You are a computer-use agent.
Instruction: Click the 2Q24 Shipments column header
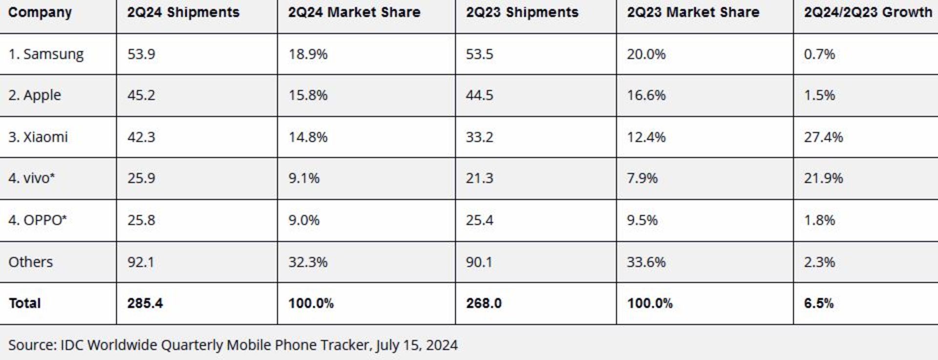coord(183,12)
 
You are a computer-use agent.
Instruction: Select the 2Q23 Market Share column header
coord(693,12)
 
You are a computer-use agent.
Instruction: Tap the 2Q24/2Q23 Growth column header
coord(868,12)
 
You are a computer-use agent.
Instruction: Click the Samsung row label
coord(46,54)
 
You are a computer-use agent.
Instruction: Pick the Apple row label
coord(35,95)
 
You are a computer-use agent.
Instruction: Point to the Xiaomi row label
coord(38,137)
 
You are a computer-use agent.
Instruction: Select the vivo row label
coord(32,178)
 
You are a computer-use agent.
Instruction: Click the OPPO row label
coord(38,220)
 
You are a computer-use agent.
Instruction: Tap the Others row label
coord(30,262)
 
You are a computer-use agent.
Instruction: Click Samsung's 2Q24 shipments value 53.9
coord(141,54)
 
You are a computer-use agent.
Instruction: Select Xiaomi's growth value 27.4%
coord(823,137)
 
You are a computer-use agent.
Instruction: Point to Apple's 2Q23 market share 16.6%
coord(646,95)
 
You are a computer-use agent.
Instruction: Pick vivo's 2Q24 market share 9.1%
coord(303,178)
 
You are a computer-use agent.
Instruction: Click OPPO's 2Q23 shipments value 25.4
coord(479,220)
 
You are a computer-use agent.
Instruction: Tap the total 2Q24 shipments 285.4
coord(145,303)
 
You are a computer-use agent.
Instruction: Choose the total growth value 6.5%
coord(819,303)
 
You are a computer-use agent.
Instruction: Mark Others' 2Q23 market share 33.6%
coord(646,262)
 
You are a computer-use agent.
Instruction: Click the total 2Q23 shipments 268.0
coord(484,303)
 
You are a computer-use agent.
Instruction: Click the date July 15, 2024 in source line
coord(417,345)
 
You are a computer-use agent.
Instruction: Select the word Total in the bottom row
coord(24,303)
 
